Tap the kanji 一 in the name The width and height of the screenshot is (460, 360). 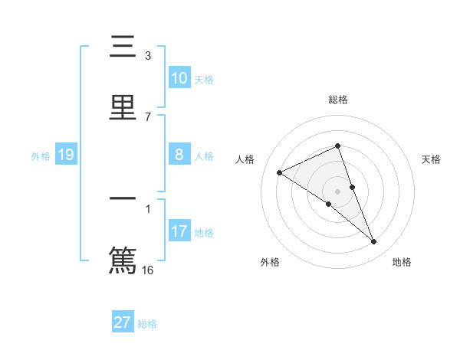123,199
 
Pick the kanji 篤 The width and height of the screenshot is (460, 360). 123,260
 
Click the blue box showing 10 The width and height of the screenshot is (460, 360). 179,78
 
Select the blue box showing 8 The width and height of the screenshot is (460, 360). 179,155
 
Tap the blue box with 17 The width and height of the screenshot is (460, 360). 179,231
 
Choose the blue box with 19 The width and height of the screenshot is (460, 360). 66,155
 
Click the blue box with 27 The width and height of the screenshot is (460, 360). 123,322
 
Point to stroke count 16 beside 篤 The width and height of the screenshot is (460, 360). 149,270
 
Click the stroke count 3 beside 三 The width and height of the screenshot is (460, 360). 148,56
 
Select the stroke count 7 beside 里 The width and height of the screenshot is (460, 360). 148,117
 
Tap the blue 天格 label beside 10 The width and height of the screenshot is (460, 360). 204,79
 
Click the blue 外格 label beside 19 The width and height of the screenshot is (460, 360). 41,155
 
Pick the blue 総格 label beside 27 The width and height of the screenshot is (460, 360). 147,323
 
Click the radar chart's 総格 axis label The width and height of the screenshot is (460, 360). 337,100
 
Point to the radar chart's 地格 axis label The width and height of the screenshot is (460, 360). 402,262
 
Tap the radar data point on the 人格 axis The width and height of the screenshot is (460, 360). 280,172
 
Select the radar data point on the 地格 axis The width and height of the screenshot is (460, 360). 374,242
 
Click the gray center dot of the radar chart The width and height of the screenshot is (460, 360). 337,191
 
